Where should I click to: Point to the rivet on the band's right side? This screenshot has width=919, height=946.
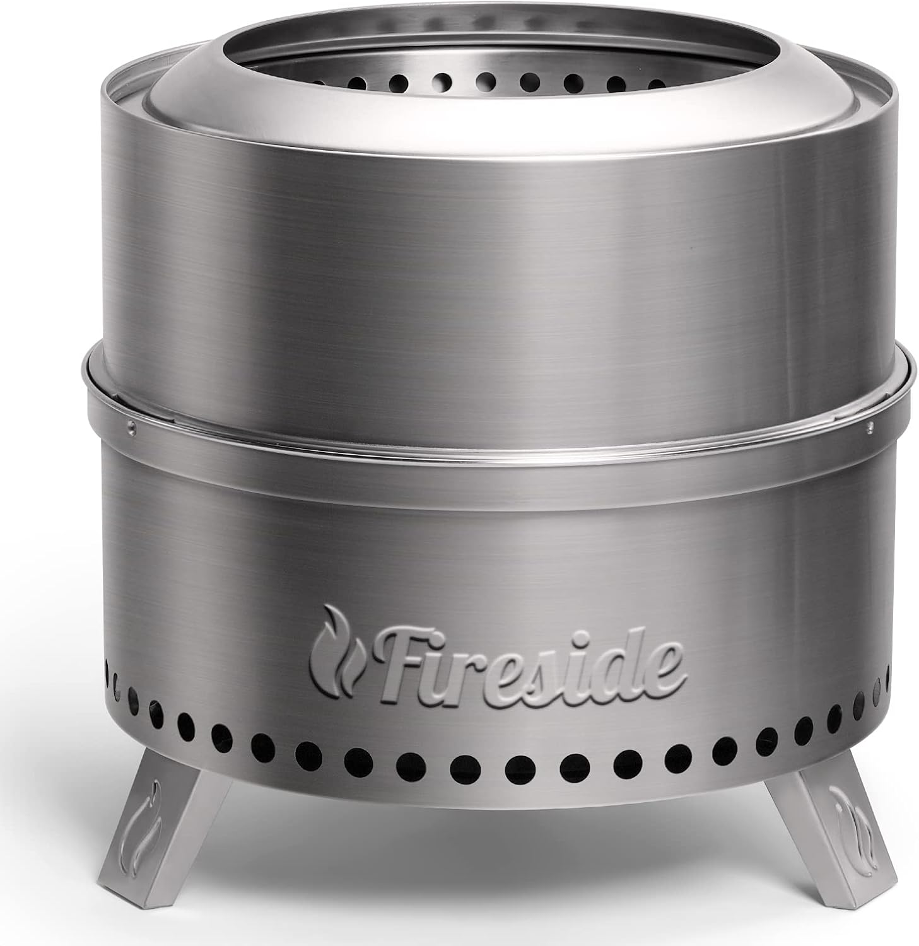(870, 428)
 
